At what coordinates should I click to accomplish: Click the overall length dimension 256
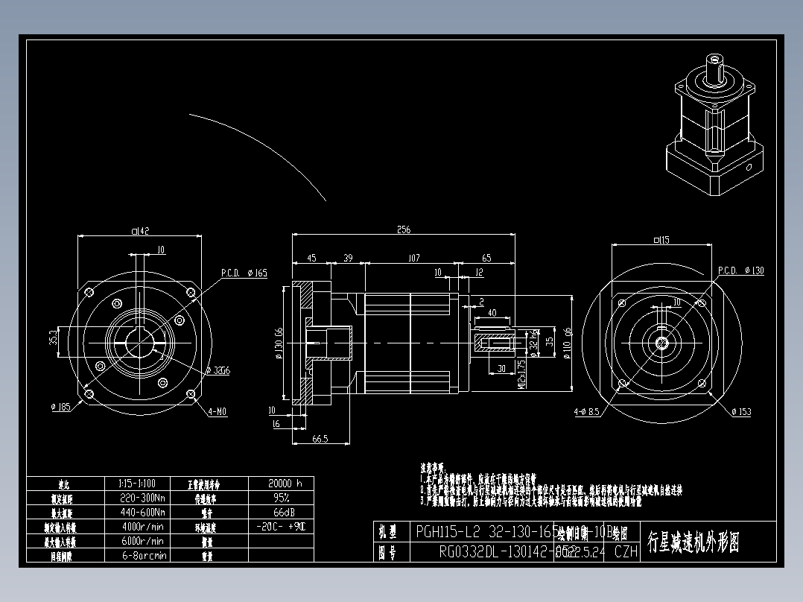[x=403, y=229]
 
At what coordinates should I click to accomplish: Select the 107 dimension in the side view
[x=414, y=258]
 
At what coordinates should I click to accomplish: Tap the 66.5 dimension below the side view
[x=320, y=440]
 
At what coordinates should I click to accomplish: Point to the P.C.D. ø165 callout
[x=244, y=273]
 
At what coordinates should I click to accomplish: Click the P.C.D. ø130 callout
[x=740, y=270]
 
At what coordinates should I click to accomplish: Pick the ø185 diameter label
[x=60, y=407]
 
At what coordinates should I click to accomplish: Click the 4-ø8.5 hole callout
[x=587, y=411]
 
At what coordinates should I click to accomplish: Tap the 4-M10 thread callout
[x=218, y=411]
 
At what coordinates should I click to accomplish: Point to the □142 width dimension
[x=140, y=231]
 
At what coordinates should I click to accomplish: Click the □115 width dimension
[x=661, y=240]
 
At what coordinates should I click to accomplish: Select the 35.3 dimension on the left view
[x=52, y=337]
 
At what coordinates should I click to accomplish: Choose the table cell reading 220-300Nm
[x=143, y=498]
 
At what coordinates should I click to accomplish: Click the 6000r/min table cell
[x=142, y=541]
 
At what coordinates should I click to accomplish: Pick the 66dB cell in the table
[x=281, y=513]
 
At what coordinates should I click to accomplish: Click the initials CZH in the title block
[x=626, y=551]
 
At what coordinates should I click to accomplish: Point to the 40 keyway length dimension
[x=492, y=313]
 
